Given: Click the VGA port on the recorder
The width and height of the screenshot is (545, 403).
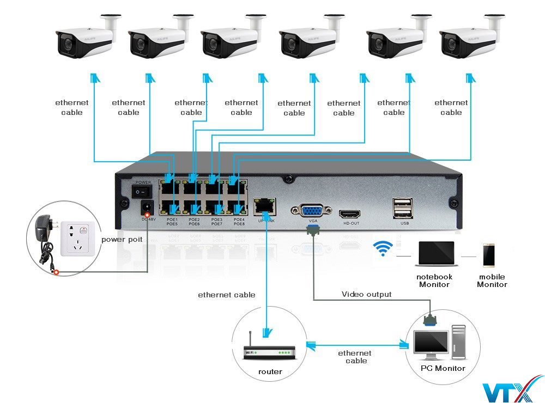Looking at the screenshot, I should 312,211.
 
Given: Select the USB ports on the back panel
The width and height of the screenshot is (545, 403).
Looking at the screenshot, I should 402,207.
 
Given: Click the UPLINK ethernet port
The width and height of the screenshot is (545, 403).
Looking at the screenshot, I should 265,205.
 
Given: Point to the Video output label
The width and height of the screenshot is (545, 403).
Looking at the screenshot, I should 366,294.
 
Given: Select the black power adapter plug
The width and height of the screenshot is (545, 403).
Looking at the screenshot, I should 43,229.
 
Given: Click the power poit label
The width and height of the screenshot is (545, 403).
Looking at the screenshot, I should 122,239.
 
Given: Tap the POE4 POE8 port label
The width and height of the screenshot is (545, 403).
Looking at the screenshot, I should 239,221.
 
